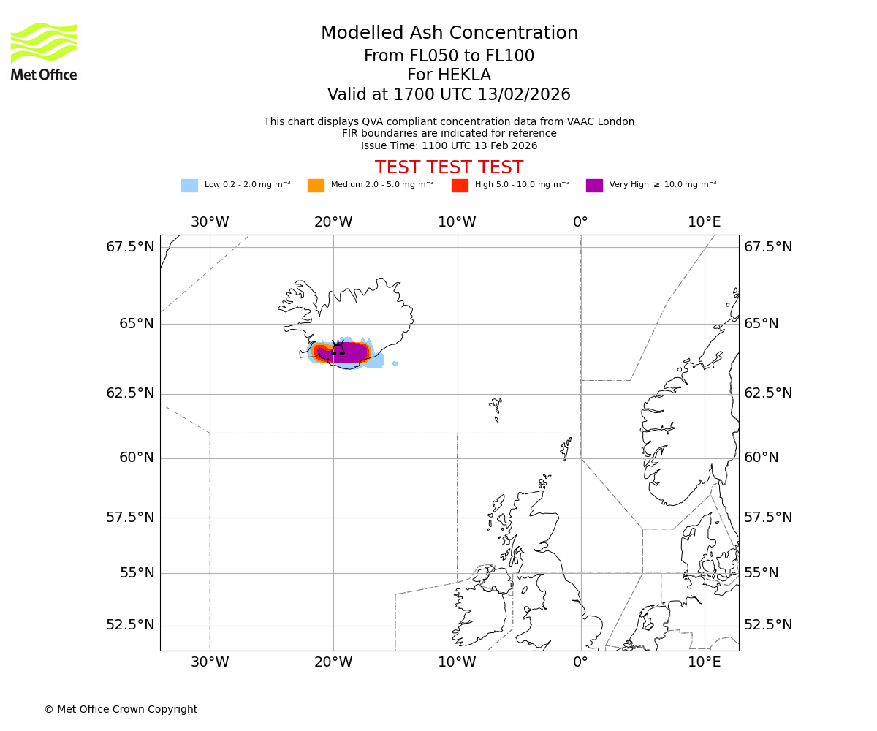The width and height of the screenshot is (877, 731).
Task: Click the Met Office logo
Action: [44, 51]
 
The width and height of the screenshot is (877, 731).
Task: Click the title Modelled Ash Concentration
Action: [449, 34]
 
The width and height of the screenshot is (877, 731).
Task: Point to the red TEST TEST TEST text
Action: [449, 168]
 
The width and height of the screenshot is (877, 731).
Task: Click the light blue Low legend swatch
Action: [189, 186]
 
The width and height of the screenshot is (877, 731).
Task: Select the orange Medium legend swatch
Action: [316, 186]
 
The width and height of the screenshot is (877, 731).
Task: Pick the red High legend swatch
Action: [460, 186]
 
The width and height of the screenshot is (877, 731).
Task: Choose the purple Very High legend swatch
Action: [594, 186]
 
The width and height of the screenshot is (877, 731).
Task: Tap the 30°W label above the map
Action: [210, 222]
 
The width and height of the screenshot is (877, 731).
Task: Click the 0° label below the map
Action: [581, 663]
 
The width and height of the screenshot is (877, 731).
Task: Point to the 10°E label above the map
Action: [705, 222]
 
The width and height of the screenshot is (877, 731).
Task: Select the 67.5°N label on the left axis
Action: [130, 247]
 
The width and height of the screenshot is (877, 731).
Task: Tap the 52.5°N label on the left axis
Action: [130, 625]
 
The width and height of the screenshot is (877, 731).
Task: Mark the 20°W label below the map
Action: [334, 663]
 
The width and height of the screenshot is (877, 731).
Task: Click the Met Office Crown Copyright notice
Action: [121, 709]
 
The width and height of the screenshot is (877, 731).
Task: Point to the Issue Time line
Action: [449, 145]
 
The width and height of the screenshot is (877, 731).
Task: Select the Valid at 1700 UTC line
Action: [449, 95]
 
